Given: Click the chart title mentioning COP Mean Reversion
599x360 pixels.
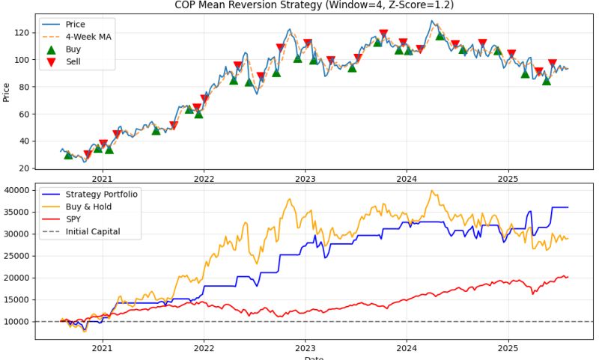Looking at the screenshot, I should [x=314, y=5].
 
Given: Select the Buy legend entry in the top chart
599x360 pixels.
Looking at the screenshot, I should [x=75, y=49].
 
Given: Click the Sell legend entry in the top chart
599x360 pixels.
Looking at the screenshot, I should [x=75, y=61].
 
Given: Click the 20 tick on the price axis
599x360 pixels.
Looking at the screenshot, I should [x=25, y=168].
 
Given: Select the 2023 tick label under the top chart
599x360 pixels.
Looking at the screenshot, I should [x=305, y=179].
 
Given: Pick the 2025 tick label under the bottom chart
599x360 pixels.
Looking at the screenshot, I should [x=508, y=347].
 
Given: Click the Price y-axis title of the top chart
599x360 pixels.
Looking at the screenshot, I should [x=7, y=92].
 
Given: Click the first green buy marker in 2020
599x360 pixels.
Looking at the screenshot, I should [x=68, y=154].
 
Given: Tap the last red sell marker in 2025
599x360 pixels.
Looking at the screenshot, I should [x=553, y=64].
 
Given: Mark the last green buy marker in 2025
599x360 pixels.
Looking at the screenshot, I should [x=547, y=81].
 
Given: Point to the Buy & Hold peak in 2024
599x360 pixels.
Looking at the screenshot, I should [x=431, y=191].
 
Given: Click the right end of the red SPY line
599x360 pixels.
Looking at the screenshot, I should [x=568, y=277].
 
